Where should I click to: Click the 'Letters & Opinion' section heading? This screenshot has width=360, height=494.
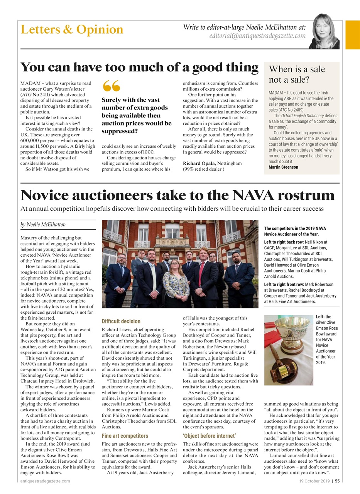72,30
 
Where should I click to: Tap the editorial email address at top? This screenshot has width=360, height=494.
257,36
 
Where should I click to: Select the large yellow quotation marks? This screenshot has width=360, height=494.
112,86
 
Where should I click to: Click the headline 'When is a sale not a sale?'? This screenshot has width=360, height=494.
297,74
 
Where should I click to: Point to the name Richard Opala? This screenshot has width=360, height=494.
198,163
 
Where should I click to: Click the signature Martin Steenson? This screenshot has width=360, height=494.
283,167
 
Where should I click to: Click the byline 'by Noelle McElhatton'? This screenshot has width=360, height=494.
43,224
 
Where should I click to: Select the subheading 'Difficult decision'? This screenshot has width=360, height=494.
121,321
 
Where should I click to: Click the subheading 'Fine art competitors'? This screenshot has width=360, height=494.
125,436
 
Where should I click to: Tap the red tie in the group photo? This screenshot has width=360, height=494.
201,274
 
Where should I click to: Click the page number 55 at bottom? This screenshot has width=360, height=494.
337,481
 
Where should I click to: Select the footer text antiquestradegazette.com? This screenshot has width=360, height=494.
45,481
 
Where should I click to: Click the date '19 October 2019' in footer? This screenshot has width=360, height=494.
314,481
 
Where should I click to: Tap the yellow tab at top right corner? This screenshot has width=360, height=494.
352,35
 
